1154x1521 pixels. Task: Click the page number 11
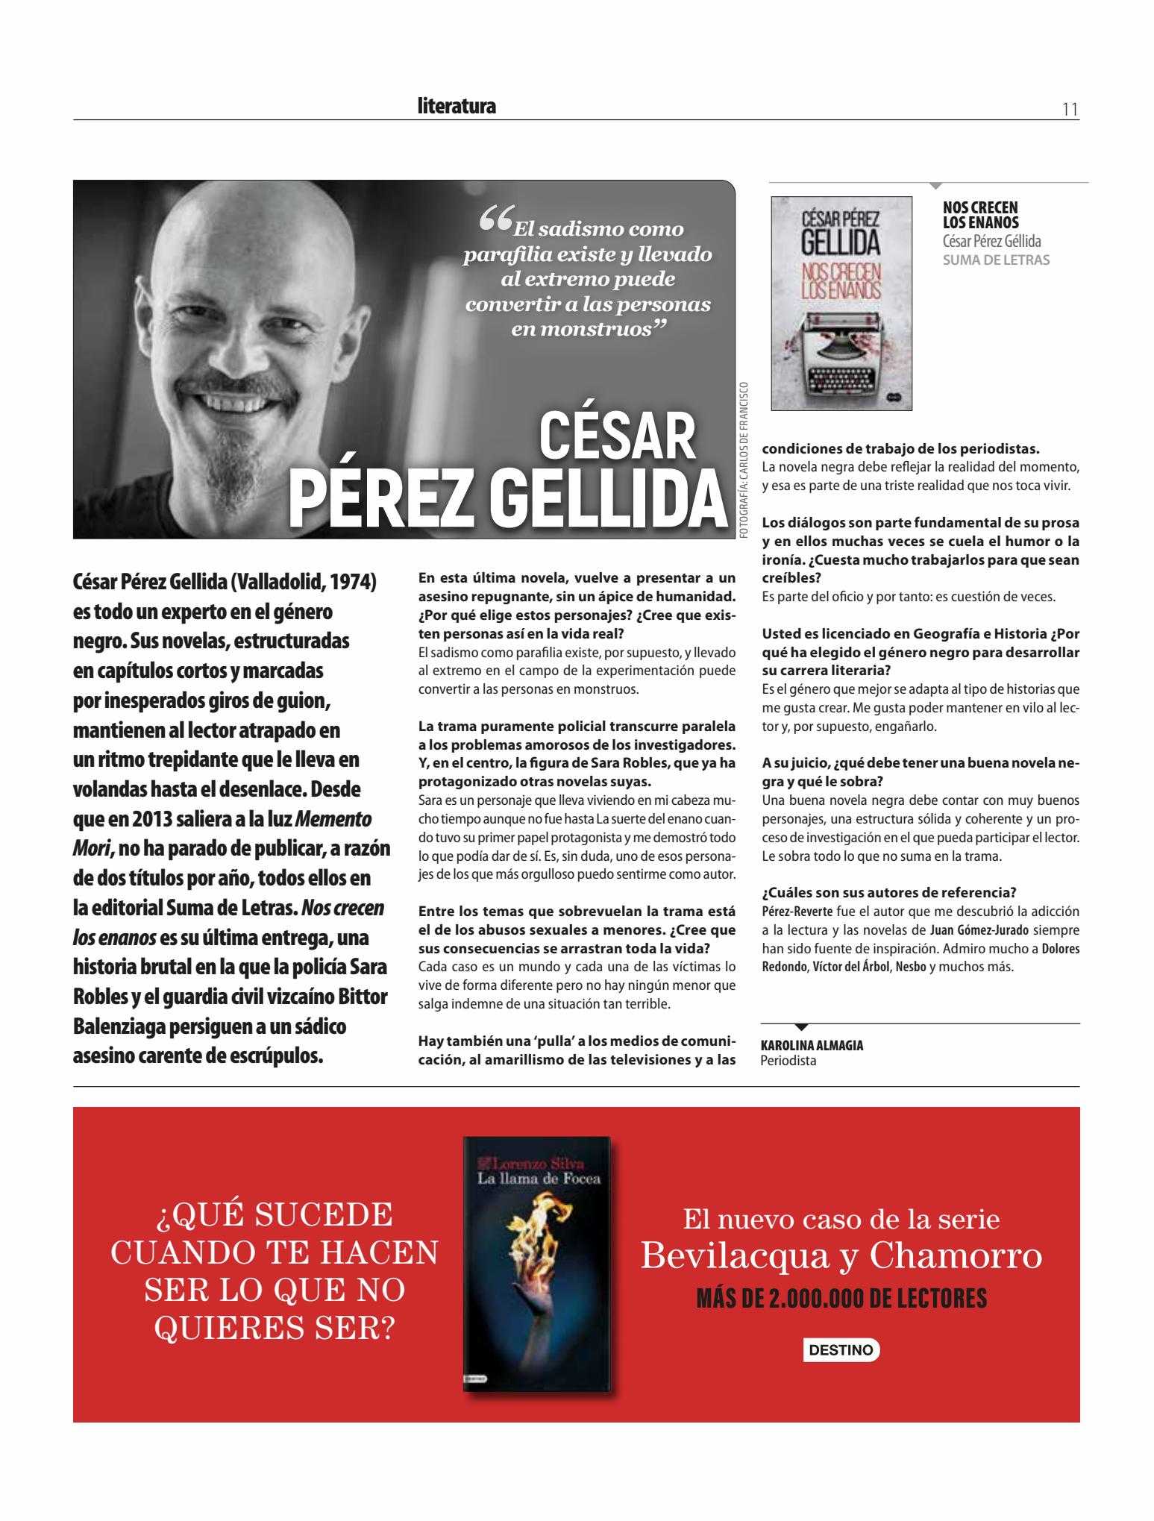1070,110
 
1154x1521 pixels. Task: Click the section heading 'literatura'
457,107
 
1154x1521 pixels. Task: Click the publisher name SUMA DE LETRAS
996,260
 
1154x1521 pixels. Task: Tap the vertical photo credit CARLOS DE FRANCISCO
743,456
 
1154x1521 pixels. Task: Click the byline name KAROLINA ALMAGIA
812,1045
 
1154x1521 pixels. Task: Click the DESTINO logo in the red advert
841,1349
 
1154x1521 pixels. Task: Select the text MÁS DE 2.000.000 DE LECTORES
841,1299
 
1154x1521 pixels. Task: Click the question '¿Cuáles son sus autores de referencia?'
888,892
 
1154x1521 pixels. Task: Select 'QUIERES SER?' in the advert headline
275,1329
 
